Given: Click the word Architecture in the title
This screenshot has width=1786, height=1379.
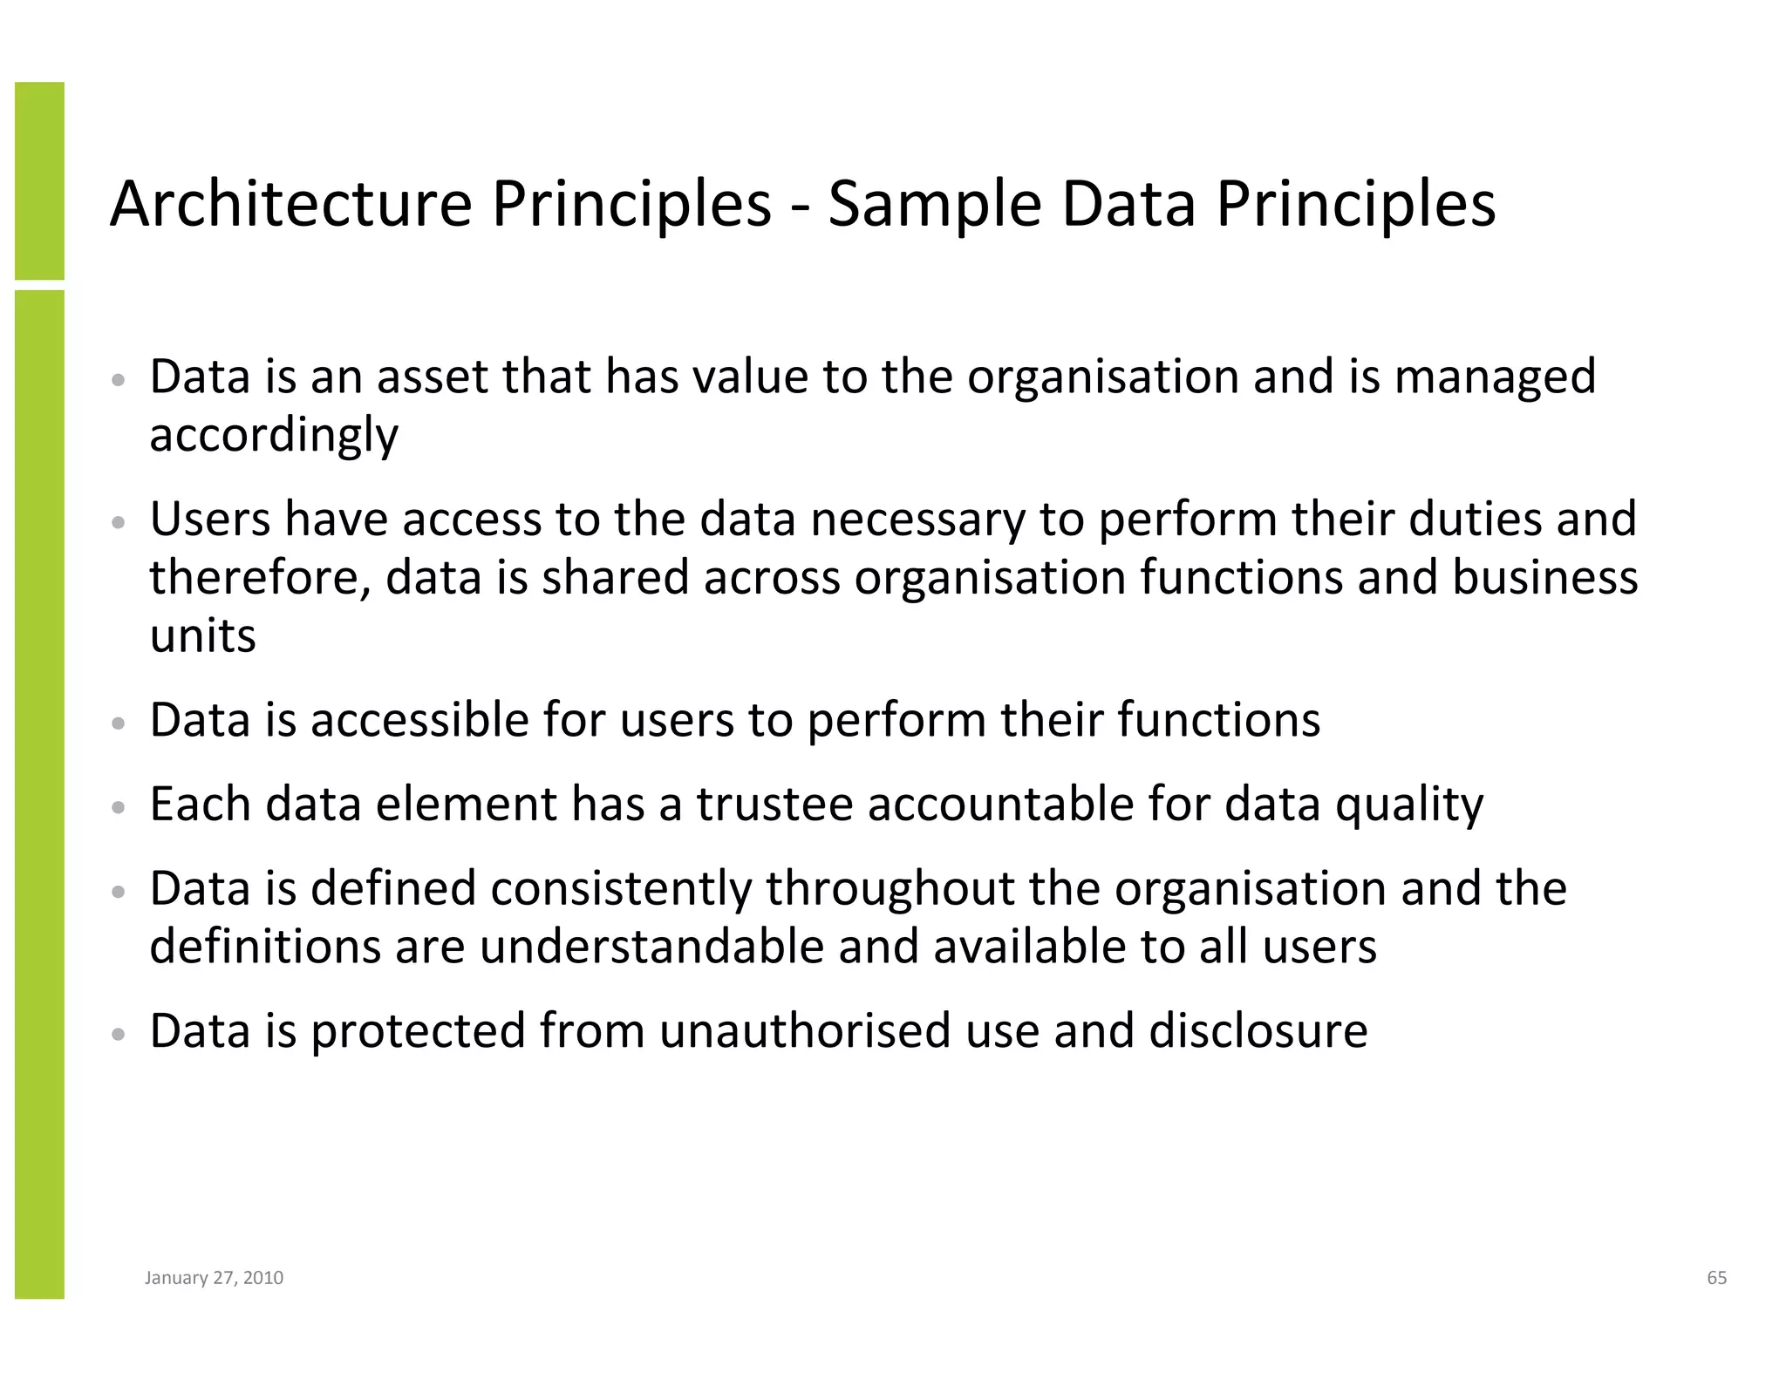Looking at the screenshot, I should (x=290, y=204).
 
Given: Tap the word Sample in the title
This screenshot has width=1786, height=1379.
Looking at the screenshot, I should (x=934, y=204).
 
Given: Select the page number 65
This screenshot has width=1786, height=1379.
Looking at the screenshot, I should (x=1716, y=1278).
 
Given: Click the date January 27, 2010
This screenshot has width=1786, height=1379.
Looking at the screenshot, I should (x=214, y=1278).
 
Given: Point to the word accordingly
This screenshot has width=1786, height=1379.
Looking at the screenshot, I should (x=273, y=436).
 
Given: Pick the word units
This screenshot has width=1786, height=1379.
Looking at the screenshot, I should (x=202, y=635).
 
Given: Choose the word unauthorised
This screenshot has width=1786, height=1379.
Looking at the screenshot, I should (x=805, y=1030).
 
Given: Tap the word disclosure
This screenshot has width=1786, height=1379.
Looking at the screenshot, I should (x=1258, y=1030).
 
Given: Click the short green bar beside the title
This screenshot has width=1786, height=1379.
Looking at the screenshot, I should (x=39, y=180).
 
